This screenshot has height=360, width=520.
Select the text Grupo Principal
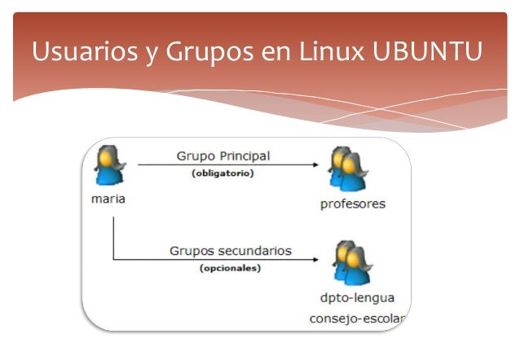pos(223,156)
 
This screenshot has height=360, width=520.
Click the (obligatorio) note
pos(223,173)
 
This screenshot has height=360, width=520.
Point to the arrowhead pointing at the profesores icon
pos(315,165)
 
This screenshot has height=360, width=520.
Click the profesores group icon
pos(348,169)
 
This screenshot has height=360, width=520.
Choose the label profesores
pos(352,204)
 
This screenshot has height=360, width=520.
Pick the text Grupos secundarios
pos(230,250)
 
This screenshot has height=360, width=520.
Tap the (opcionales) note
pos(230,268)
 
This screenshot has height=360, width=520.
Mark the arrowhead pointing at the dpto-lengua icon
pos(315,260)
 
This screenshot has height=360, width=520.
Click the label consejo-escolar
pos(357,317)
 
